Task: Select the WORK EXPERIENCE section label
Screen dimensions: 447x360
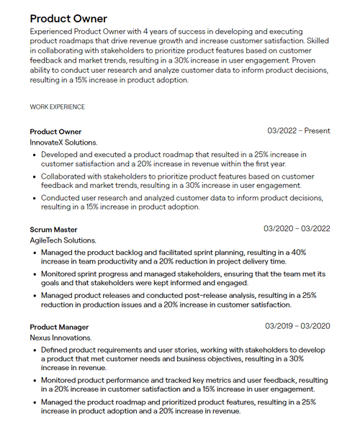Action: [x=57, y=107]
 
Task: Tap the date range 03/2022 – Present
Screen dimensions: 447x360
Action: [x=299, y=131]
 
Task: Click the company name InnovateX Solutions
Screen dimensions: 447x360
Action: [x=63, y=143]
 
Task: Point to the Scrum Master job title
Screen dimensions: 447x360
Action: [x=53, y=230]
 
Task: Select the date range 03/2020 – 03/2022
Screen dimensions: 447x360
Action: [x=297, y=229]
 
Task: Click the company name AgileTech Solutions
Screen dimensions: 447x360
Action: [x=63, y=240]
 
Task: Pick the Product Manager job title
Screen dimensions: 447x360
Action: [x=59, y=327]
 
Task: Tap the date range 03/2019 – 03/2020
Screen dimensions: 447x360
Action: [x=297, y=326]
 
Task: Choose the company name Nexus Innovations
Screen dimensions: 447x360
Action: [x=60, y=338]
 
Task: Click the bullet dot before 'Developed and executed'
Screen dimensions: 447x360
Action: [x=35, y=155]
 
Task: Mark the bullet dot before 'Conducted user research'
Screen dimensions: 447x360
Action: [x=35, y=198]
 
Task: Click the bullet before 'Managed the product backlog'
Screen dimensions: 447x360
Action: [x=35, y=253]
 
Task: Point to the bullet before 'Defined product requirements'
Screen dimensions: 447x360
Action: [x=35, y=350]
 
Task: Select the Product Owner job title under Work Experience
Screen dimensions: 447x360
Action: [x=55, y=132]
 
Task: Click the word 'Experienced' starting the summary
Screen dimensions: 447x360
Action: [x=51, y=33]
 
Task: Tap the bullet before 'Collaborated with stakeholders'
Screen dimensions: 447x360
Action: [x=35, y=176]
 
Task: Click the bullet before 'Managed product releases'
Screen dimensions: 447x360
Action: [x=35, y=295]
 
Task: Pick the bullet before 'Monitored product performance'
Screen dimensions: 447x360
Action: [x=35, y=380]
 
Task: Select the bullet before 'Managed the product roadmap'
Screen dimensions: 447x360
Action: [x=35, y=402]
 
